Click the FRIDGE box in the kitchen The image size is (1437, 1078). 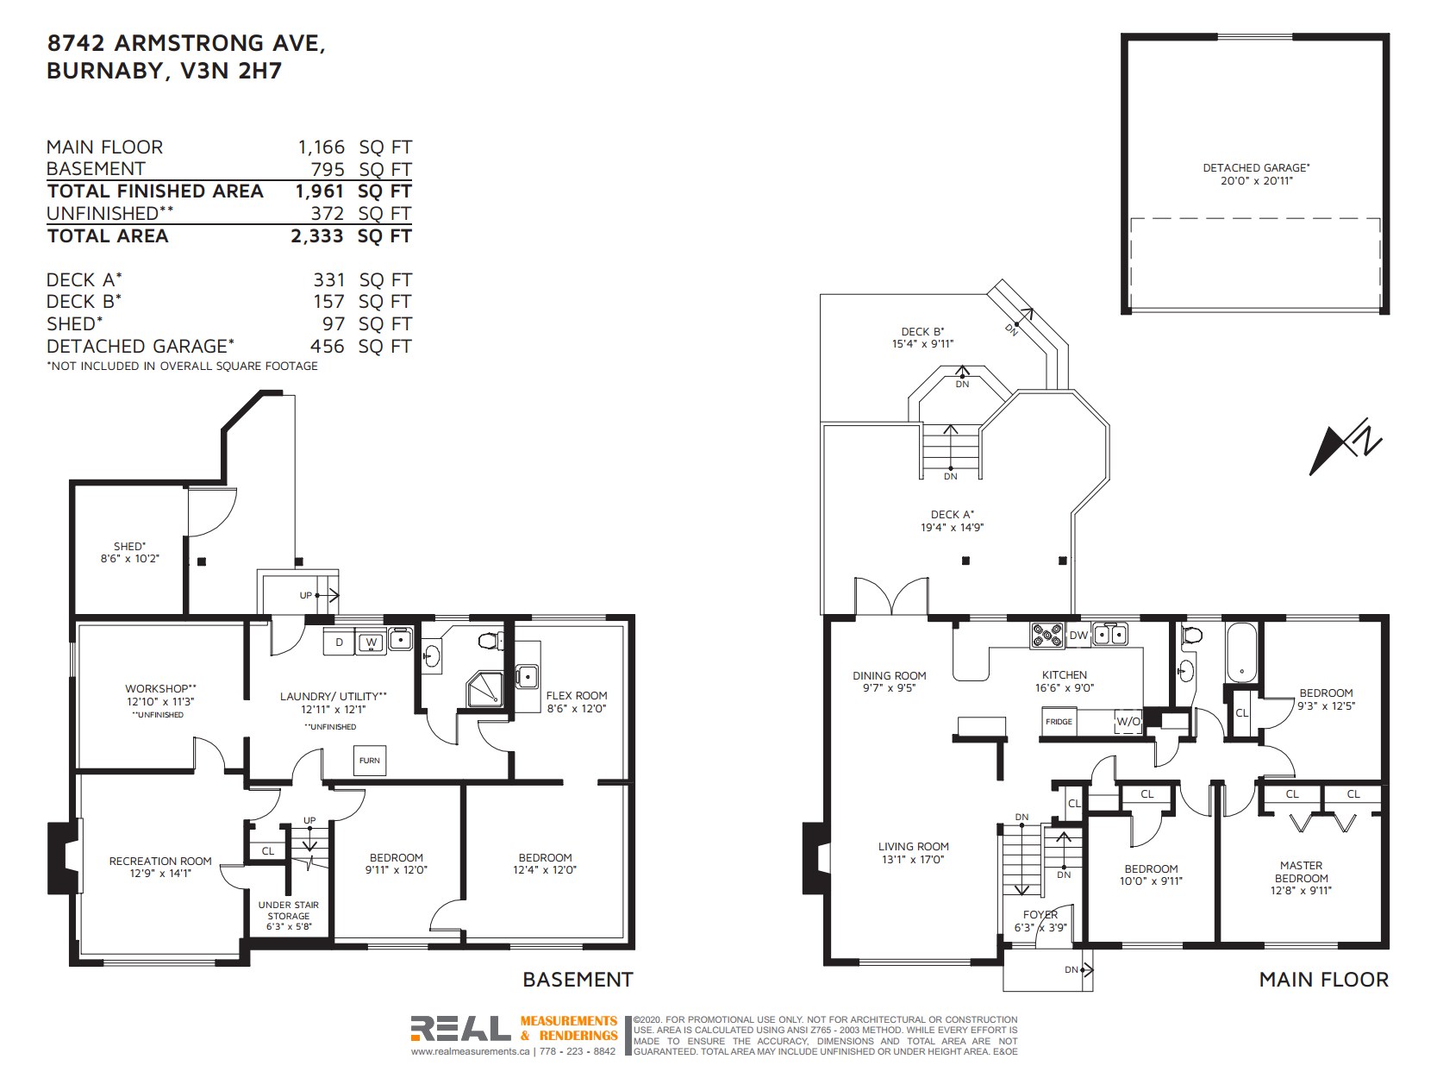(x=1059, y=721)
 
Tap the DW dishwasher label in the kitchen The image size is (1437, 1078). (x=1078, y=635)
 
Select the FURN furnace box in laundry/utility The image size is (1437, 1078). (x=369, y=761)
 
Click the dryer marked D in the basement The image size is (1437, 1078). (x=339, y=642)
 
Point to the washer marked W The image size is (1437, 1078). (x=372, y=642)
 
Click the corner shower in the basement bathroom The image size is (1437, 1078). (x=485, y=690)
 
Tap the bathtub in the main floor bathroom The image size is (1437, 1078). (x=1241, y=652)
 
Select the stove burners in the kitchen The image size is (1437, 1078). (x=1047, y=635)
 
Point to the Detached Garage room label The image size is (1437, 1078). (x=1256, y=167)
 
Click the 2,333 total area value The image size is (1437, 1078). (x=317, y=235)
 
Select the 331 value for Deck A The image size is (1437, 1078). (x=328, y=279)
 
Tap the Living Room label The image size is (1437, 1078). (x=913, y=847)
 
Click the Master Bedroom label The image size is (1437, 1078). (x=1301, y=872)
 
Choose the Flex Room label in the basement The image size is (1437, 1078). (x=577, y=696)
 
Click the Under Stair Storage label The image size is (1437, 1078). (x=289, y=911)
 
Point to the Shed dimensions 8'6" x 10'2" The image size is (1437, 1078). (x=129, y=559)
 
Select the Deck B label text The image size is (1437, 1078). (x=922, y=331)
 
